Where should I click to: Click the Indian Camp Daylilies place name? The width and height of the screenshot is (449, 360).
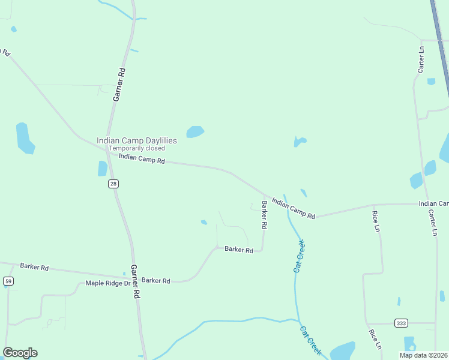(137, 140)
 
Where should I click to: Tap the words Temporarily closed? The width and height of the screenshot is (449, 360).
(137, 148)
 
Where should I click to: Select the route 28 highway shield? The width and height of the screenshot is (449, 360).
(113, 184)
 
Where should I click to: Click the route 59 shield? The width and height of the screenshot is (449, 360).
(8, 281)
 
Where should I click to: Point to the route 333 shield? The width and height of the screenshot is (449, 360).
(401, 323)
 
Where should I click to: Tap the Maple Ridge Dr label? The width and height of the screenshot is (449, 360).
(107, 283)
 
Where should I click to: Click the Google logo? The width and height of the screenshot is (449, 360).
(20, 353)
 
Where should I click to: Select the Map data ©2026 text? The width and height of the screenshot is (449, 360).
(423, 355)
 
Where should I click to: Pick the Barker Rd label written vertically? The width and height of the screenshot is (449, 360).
(264, 215)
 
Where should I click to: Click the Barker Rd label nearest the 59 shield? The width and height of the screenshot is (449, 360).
(34, 266)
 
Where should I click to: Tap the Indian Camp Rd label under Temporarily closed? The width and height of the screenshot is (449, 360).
(142, 158)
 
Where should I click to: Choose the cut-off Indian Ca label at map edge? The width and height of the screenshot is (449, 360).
(433, 204)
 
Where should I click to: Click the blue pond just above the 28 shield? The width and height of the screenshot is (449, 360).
(102, 169)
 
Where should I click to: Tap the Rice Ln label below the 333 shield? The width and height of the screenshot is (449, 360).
(375, 339)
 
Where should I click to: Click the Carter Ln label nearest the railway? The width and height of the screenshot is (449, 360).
(421, 59)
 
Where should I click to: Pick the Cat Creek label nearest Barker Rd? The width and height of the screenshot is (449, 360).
(300, 257)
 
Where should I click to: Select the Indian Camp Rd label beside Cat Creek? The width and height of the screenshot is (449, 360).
(293, 208)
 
